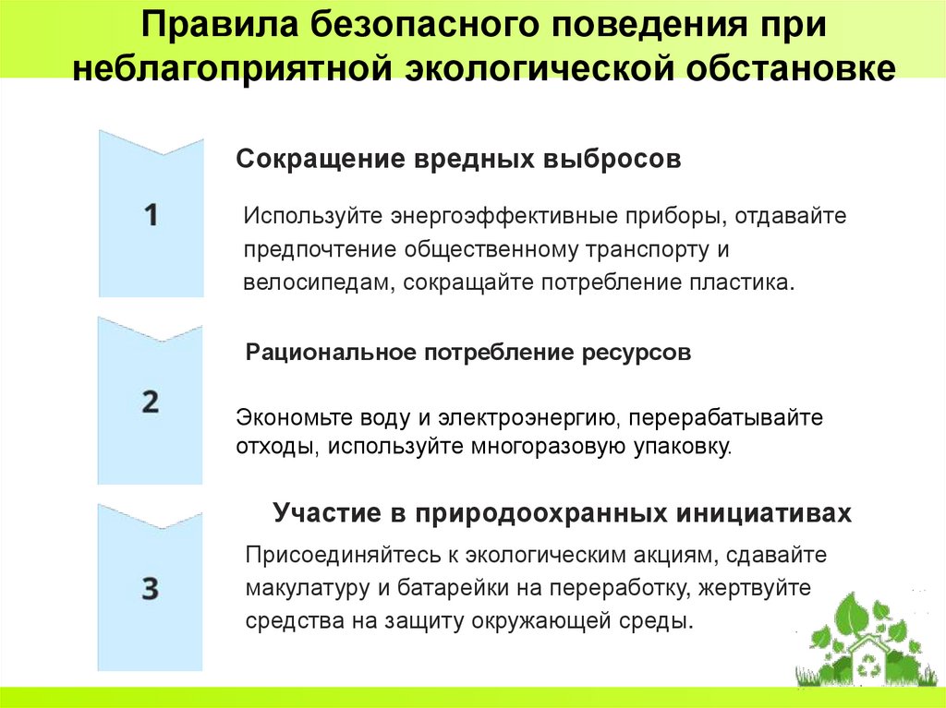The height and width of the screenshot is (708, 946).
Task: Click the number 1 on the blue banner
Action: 152,216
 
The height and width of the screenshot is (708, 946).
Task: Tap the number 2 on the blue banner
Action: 151,402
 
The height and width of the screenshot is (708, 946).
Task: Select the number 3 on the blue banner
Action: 151,588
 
